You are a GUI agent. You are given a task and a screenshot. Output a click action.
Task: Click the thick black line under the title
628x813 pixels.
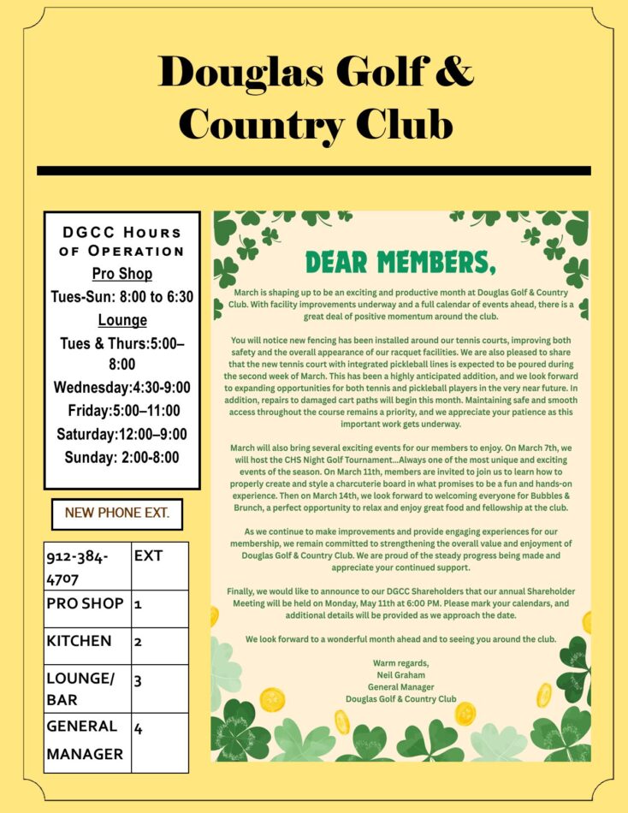pos(313,170)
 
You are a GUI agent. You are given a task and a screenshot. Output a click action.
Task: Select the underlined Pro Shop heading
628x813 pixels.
pos(121,274)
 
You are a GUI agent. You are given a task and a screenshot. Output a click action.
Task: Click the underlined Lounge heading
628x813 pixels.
pos(121,320)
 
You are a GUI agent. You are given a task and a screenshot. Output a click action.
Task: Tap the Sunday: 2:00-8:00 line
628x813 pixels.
pos(121,457)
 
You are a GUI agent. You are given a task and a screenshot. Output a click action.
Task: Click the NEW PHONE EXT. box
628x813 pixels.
pos(117,513)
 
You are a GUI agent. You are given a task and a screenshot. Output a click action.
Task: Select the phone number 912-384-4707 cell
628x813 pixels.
pos(87,567)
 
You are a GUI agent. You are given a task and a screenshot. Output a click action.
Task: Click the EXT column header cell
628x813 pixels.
pos(159,566)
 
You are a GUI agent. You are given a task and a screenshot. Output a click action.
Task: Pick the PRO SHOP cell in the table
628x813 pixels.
pos(86,603)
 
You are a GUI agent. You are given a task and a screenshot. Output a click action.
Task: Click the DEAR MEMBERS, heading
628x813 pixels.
pos(400,261)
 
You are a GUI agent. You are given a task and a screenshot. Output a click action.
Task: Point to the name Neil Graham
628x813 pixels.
pos(400,675)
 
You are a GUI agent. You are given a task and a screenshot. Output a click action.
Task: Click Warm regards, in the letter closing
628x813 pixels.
pos(400,663)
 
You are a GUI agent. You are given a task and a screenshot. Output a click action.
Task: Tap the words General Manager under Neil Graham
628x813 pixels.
pos(400,687)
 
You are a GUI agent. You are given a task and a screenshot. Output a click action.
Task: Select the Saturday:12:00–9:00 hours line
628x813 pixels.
pos(121,434)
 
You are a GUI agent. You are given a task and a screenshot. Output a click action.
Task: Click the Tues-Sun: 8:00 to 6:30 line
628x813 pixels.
pos(121,297)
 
